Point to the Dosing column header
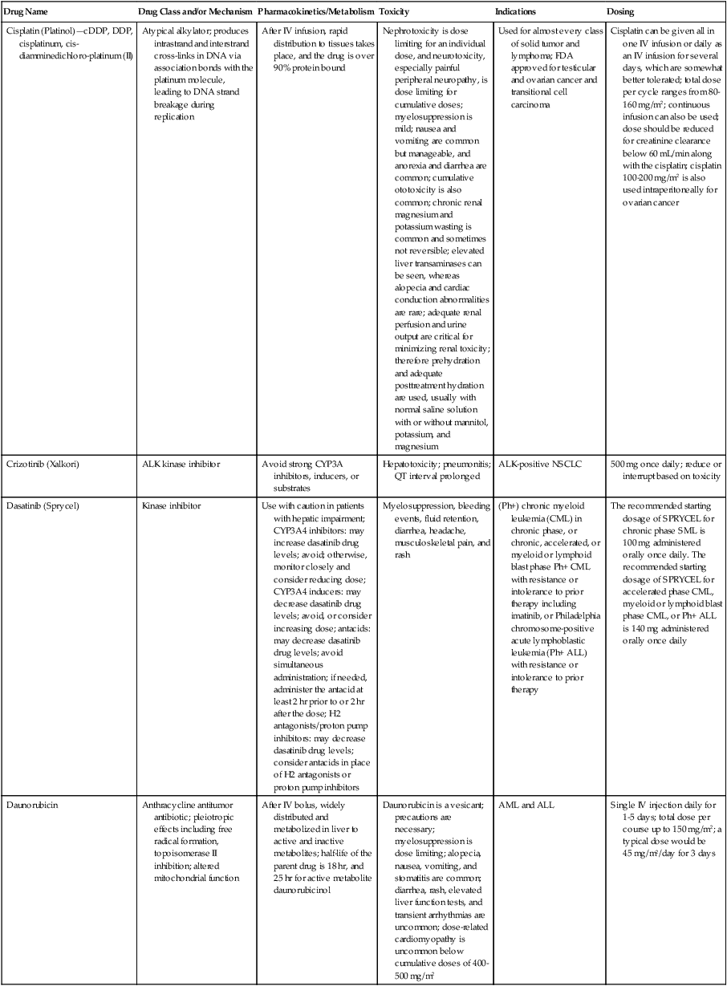click(x=622, y=13)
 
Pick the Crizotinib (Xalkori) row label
click(x=37, y=465)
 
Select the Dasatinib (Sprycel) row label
click(x=37, y=506)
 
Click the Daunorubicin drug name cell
click(x=31, y=804)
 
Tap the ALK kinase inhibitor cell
click(x=178, y=465)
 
